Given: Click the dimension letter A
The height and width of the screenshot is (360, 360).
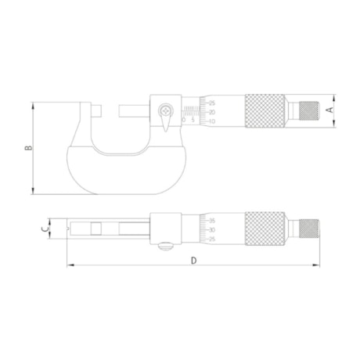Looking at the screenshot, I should click(329, 111).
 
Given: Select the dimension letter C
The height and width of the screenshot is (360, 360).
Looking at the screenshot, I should click(45, 229).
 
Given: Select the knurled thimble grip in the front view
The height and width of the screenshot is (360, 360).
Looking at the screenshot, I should click(266, 111).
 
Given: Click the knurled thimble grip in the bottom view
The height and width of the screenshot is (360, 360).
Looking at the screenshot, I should click(266, 228).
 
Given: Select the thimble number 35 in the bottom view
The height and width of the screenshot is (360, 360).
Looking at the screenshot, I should click(213, 220).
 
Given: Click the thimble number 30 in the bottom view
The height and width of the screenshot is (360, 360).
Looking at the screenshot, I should click(213, 229).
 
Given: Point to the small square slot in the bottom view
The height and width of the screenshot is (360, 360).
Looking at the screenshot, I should click(95, 228).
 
